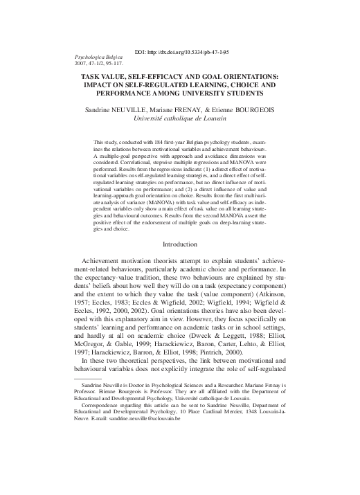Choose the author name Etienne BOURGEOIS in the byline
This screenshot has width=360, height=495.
(x=259, y=109)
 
